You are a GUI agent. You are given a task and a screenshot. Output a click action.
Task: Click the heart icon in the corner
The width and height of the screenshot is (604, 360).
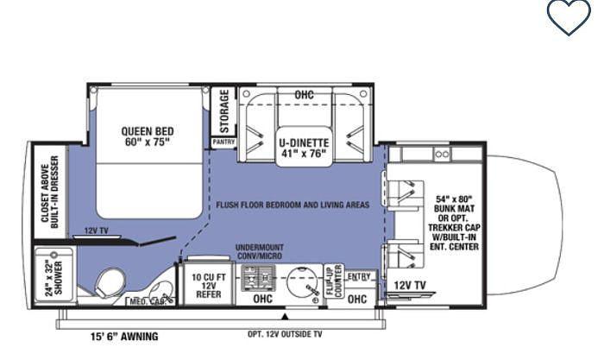569,16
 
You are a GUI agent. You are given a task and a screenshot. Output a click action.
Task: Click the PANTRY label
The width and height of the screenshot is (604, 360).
223,142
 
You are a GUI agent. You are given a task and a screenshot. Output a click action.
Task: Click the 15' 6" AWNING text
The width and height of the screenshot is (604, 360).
124,337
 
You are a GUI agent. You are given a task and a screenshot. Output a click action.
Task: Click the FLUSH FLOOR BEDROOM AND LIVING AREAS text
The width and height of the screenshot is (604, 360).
294,205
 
